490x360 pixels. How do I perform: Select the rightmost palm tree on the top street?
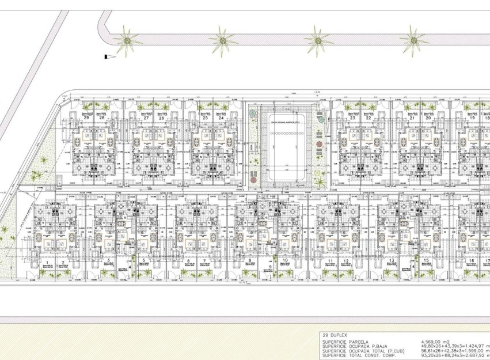point(414,40)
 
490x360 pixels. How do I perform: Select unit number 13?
point(392,261)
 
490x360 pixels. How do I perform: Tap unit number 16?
point(470,261)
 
